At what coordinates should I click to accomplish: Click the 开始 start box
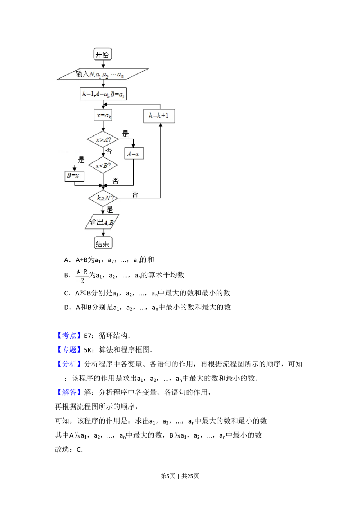103,54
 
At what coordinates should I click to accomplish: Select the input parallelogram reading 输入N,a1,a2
103,74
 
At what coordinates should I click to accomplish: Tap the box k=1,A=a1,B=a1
103,94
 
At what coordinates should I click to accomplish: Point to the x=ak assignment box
103,116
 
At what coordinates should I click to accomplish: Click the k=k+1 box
159,116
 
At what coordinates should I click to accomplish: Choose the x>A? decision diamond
103,140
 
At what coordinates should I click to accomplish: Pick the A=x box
134,154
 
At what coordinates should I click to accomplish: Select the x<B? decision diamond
103,165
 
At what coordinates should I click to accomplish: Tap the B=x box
74,176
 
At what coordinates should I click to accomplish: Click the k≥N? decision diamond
103,198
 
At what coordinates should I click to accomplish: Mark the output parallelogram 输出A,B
102,223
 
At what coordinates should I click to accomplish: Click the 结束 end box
103,244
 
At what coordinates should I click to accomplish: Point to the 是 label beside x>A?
125,134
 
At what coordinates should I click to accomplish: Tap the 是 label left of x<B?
81,160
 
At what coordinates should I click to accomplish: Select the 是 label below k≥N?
110,210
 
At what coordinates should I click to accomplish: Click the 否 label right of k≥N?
135,194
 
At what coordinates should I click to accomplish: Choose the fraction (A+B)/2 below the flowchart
82,276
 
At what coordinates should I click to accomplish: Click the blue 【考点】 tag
69,336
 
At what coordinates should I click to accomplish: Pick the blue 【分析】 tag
69,364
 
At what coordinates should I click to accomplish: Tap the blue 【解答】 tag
69,393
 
